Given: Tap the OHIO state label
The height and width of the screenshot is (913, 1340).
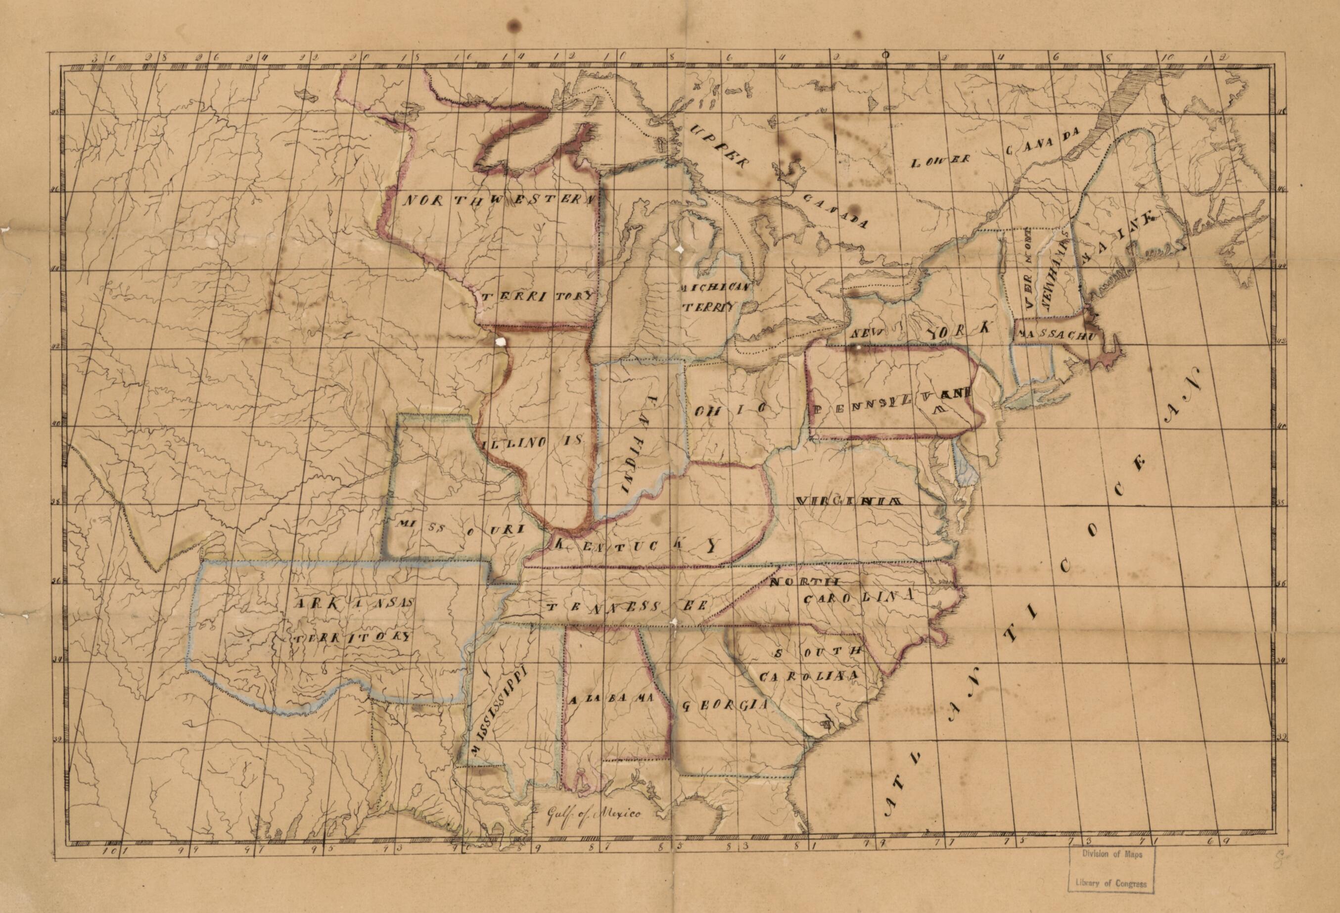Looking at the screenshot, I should tap(730, 410).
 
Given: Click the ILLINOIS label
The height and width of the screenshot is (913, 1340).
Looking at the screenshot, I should tap(530, 443).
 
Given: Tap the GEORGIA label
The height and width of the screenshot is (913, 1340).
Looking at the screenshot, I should tap(724, 705).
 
